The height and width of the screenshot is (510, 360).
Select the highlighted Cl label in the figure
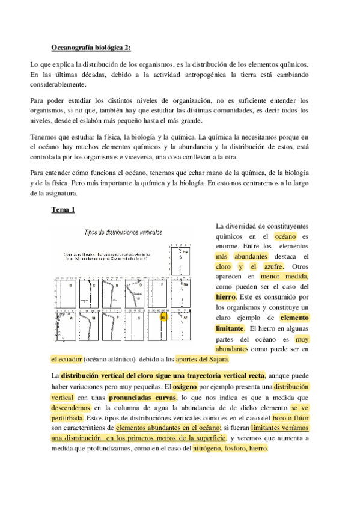click(x=163, y=317)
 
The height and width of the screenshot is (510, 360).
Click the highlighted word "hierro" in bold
click(x=225, y=296)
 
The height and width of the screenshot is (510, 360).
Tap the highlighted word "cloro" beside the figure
click(x=223, y=266)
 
